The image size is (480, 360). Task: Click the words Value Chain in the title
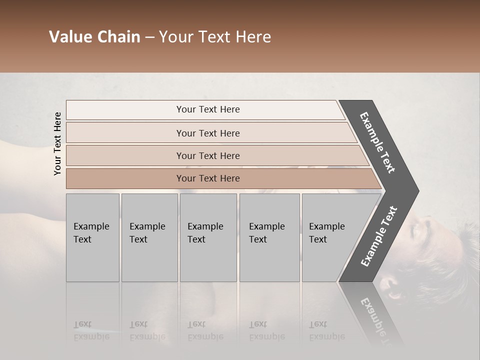[94, 37]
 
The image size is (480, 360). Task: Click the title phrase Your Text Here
[215, 37]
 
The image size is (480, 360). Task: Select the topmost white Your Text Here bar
[208, 109]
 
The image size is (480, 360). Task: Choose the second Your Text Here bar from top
[208, 133]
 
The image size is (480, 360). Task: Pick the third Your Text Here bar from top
[208, 155]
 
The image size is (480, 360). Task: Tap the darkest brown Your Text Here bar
[208, 178]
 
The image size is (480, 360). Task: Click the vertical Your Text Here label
[57, 143]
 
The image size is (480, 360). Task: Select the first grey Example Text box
[92, 237]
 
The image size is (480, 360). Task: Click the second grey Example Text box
[149, 237]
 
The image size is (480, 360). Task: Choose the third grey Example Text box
[207, 237]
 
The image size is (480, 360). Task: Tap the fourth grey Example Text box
[269, 237]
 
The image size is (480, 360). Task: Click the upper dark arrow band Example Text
[378, 142]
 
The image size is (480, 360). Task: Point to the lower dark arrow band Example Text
[379, 236]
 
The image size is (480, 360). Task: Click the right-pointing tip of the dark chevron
[416, 190]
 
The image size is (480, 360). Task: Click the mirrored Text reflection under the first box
[82, 324]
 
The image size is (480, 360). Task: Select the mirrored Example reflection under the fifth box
[327, 337]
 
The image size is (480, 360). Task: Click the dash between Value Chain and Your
[149, 37]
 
